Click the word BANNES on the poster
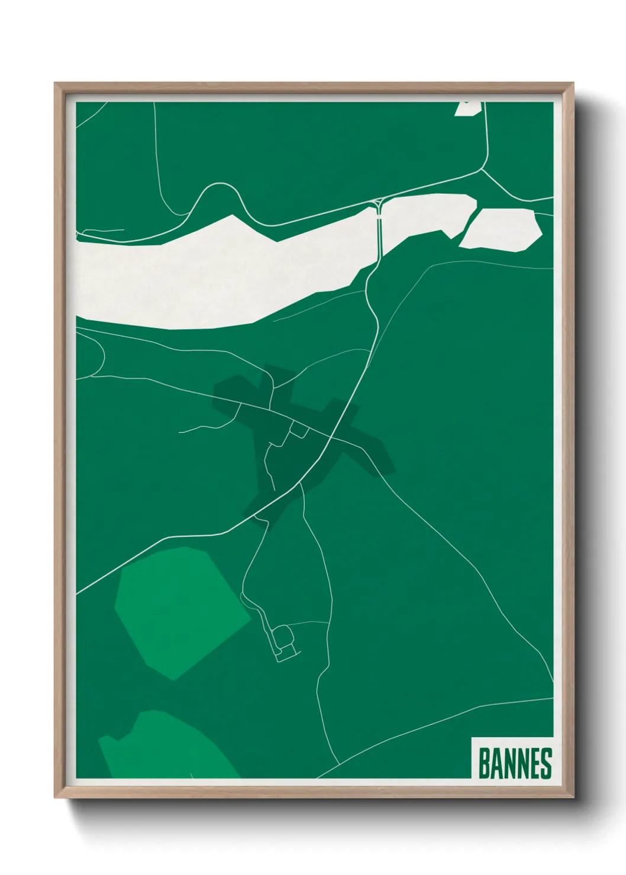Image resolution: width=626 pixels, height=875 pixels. point(514,763)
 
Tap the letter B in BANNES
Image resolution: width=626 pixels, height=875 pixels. point(483,763)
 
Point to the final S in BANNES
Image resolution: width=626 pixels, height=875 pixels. point(546,763)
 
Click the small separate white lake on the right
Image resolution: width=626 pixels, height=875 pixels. point(501,229)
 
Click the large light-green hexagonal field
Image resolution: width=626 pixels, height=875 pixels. point(180,612)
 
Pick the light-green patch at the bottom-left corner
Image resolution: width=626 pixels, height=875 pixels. point(166,748)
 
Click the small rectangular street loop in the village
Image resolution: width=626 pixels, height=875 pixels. point(299,430)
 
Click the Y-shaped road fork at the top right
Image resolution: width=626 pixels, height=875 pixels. point(482,171)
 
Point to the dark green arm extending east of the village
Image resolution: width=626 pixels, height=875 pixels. point(367,449)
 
